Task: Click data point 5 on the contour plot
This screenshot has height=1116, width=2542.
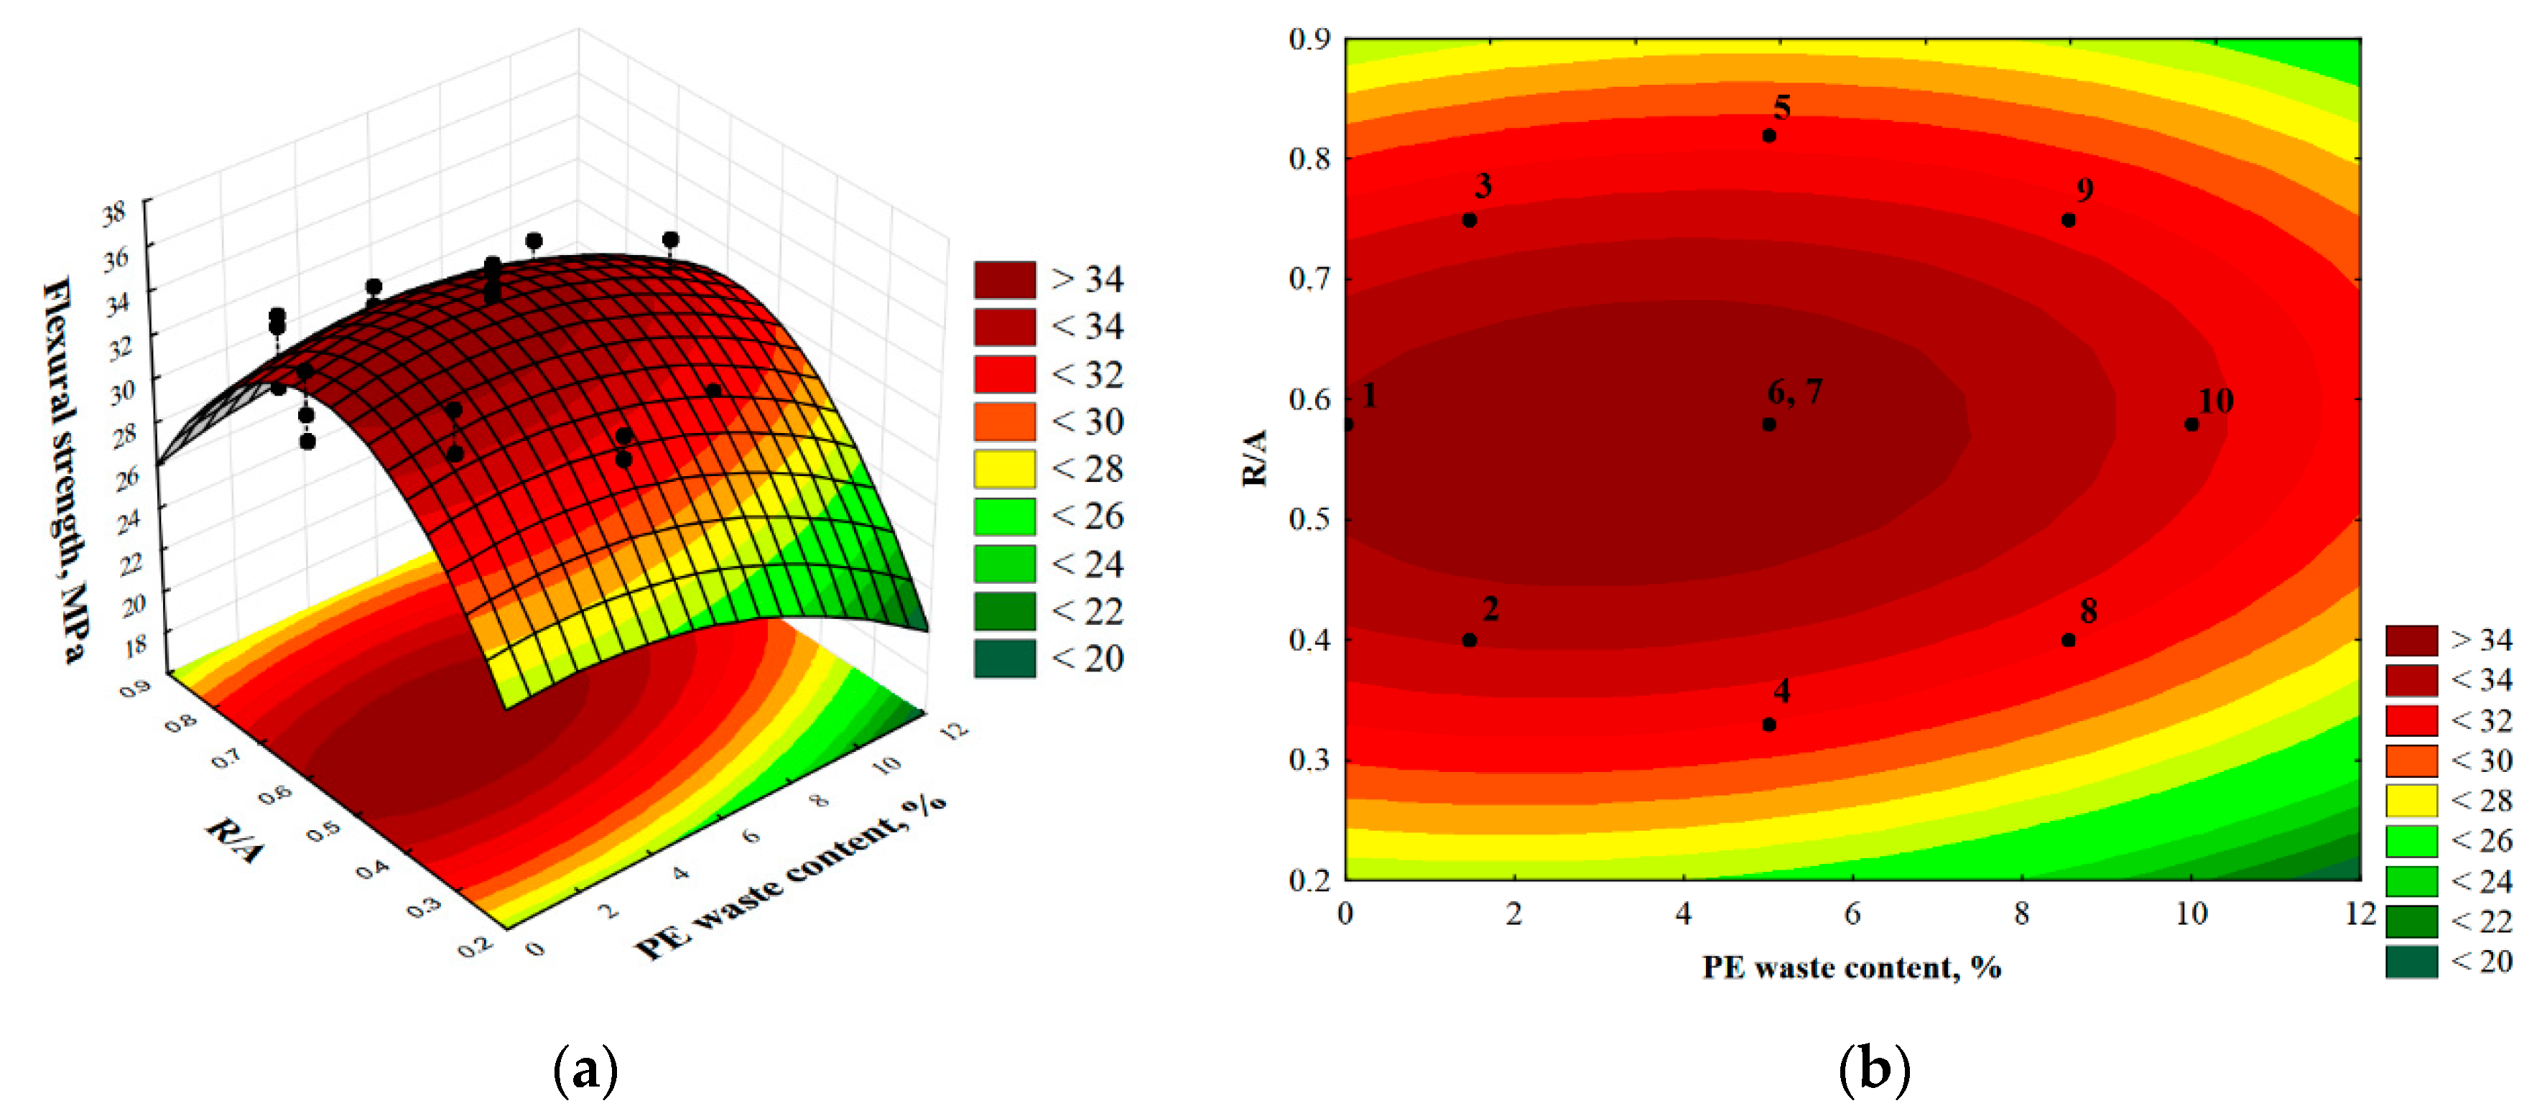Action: click(x=1768, y=135)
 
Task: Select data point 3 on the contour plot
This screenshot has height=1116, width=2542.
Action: click(x=1470, y=220)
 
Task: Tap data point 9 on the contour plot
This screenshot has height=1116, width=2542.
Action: click(x=2069, y=220)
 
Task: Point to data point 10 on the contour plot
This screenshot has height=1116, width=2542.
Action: click(x=2191, y=424)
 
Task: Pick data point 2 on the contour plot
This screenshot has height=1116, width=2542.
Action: click(x=1470, y=641)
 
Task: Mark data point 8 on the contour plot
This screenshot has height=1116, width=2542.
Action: click(x=2069, y=641)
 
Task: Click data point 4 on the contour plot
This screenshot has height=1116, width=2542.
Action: click(x=1768, y=725)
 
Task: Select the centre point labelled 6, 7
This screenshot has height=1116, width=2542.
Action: click(x=1768, y=424)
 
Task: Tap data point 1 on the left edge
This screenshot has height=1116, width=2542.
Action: click(x=1348, y=424)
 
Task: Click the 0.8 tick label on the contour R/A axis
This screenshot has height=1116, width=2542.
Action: click(x=1309, y=158)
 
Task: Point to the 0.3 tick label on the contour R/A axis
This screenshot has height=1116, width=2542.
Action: click(x=1309, y=760)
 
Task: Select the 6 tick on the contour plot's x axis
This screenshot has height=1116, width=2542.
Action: click(x=1852, y=913)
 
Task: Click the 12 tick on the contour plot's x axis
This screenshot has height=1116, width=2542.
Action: click(x=2360, y=913)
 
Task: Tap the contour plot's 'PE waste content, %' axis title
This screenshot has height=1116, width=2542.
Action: click(x=1851, y=967)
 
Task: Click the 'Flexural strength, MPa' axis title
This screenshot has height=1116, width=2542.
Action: click(x=66, y=470)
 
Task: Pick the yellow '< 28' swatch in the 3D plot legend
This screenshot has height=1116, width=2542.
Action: click(x=1005, y=469)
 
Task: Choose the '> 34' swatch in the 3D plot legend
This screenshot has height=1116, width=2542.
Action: click(x=1005, y=279)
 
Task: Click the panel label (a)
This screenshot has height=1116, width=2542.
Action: click(x=586, y=1069)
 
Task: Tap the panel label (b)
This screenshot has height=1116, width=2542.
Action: click(x=1874, y=1069)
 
